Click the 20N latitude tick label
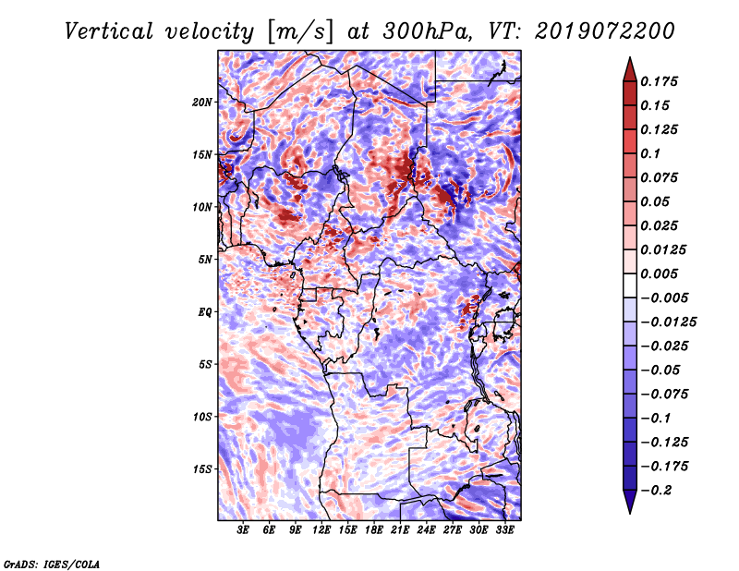[x=202, y=103]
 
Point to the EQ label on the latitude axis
[x=204, y=312]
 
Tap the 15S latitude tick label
[x=202, y=469]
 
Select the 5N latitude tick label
[x=205, y=260]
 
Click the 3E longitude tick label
[x=243, y=530]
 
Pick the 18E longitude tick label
[x=374, y=530]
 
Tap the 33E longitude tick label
[x=504, y=530]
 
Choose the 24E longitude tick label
[x=426, y=530]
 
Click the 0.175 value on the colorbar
[x=659, y=82]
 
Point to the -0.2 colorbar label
[x=656, y=491]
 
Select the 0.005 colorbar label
[x=659, y=273]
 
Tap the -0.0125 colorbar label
[x=668, y=322]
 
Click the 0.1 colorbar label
[x=650, y=153]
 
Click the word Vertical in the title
[x=109, y=31]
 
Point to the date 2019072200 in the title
[x=605, y=31]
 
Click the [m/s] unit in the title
[x=300, y=31]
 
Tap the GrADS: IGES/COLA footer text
[x=52, y=565]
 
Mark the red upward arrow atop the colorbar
[x=630, y=69]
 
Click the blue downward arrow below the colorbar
[x=630, y=502]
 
